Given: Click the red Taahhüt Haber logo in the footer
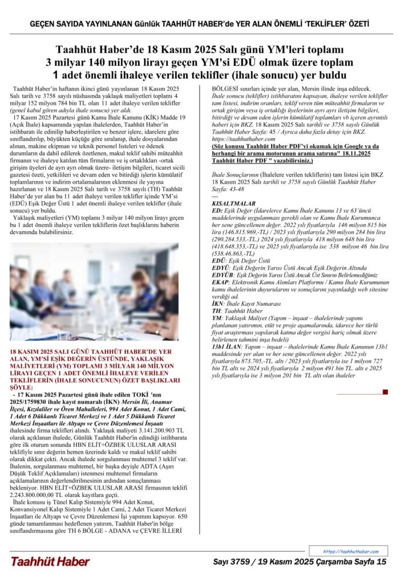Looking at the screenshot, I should click(x=50, y=561).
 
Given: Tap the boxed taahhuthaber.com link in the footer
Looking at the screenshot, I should click(x=350, y=551).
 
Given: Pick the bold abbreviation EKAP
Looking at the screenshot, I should click(x=220, y=281).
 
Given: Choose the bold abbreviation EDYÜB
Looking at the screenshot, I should click(x=222, y=274).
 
